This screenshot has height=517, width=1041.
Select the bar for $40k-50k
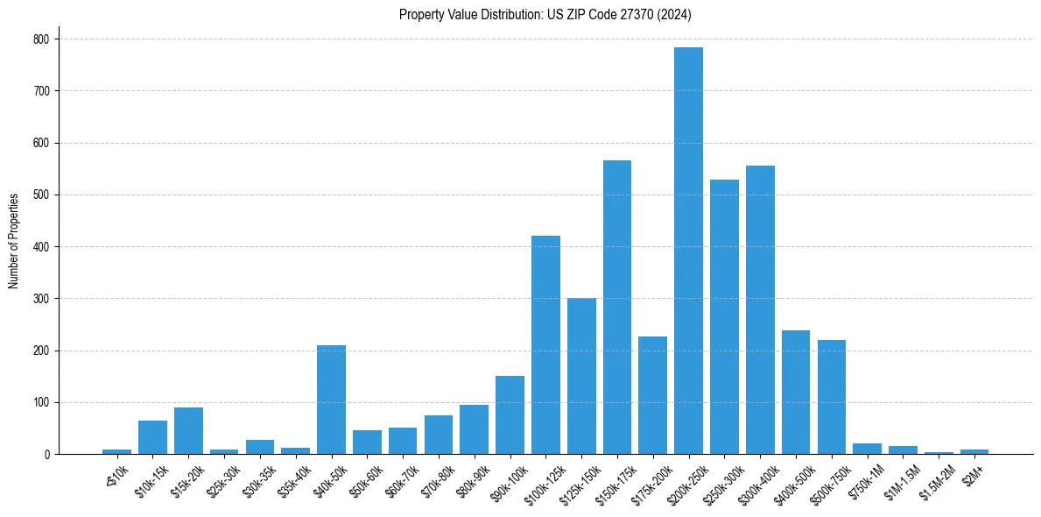point(331,400)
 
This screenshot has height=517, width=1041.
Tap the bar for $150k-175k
point(616,308)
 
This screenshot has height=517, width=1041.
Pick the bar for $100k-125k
point(545,345)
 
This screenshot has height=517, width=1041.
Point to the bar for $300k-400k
point(760,310)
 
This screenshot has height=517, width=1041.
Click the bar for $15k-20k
point(188,431)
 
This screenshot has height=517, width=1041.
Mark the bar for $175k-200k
point(652,395)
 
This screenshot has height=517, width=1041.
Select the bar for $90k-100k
point(510,415)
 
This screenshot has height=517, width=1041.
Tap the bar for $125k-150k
point(581,376)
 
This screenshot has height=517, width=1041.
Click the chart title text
point(545,15)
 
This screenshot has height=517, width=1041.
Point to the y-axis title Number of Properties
point(14,241)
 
